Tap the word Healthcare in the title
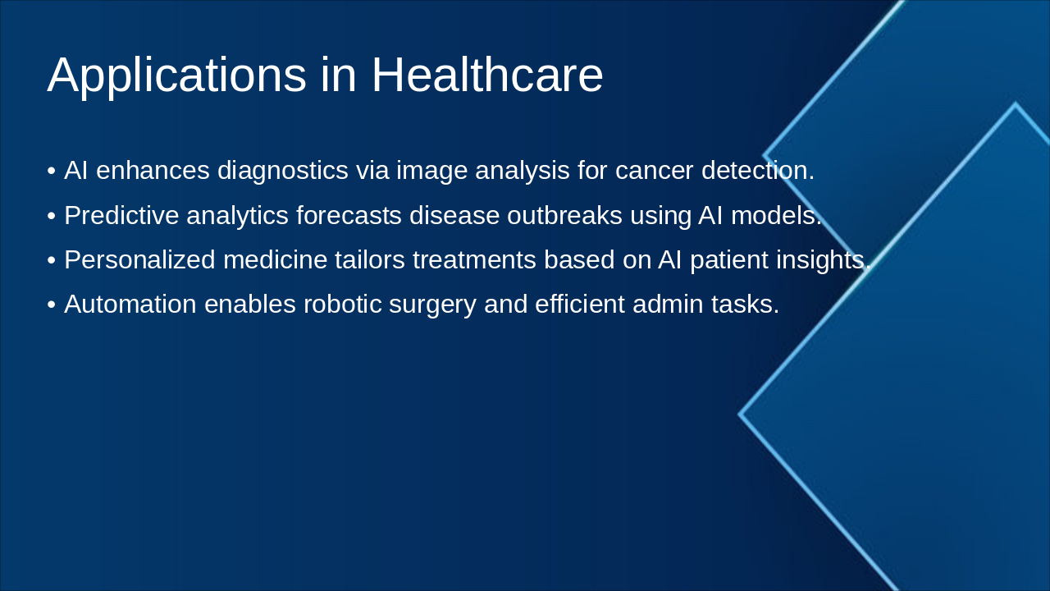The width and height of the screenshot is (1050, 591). (487, 75)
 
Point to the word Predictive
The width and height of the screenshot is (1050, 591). (121, 215)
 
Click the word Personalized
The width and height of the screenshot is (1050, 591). (139, 259)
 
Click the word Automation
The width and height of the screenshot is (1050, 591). (130, 304)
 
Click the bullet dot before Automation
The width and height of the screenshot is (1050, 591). (52, 305)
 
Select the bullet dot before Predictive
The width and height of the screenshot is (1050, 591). (52, 216)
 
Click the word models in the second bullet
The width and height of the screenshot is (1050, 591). (775, 215)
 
